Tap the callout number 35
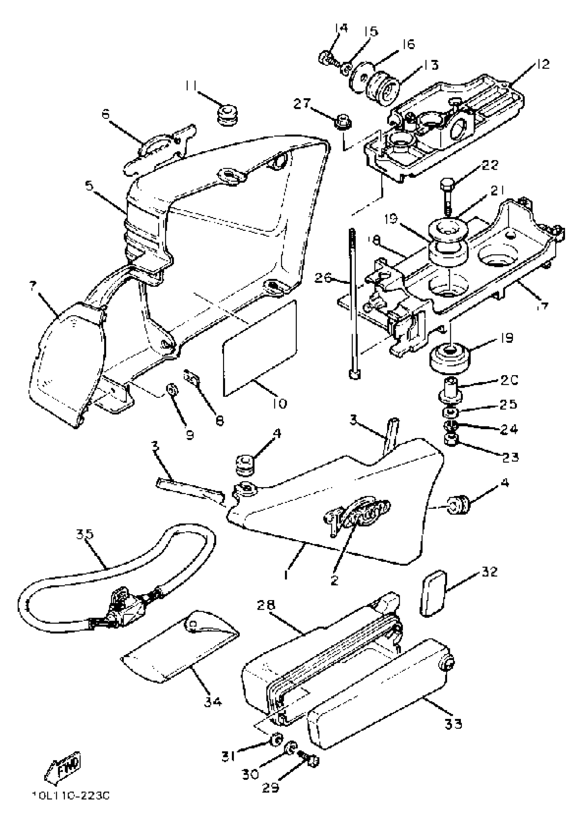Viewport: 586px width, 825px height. click(85, 534)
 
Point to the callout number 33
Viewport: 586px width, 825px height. click(453, 723)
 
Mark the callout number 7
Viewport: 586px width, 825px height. click(33, 287)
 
